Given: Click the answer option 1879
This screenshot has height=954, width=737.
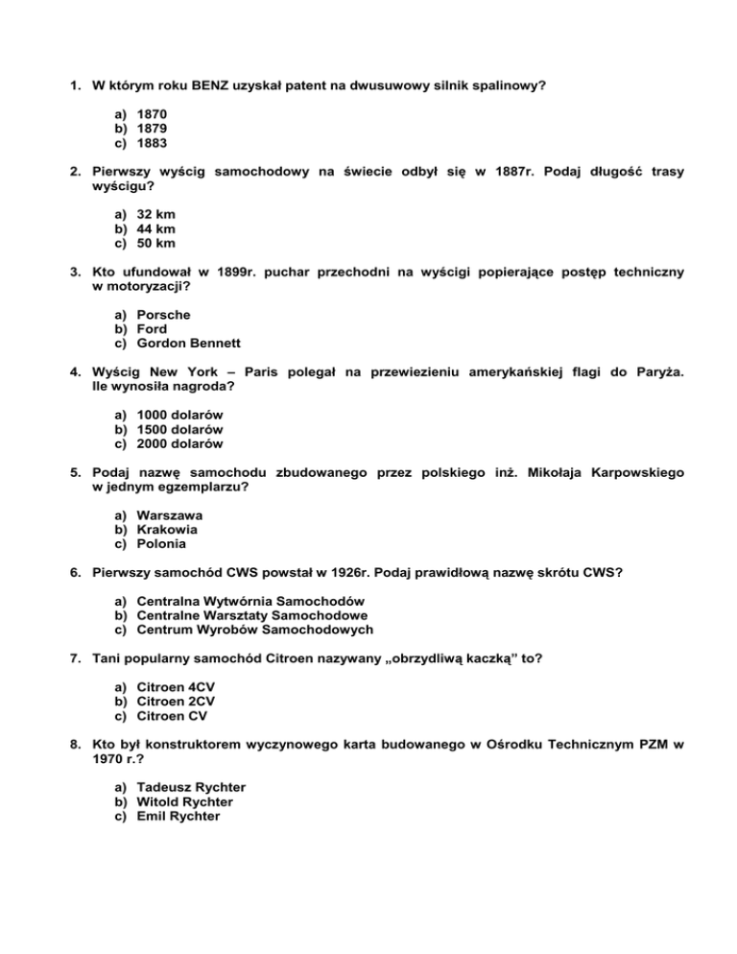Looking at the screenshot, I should click(153, 127).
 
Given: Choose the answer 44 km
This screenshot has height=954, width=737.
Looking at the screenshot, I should click(156, 228).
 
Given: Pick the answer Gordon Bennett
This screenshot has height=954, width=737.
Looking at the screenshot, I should click(188, 343).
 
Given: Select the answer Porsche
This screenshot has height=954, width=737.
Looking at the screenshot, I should click(164, 315).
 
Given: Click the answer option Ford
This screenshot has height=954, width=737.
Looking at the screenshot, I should click(153, 329).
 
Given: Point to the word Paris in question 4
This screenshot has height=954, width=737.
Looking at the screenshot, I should click(265, 374).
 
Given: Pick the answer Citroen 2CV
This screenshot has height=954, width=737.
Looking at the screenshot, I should click(176, 701).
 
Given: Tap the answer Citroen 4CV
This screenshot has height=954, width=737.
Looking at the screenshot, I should click(176, 687).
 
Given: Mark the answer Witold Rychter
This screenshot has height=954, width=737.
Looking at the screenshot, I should click(185, 801).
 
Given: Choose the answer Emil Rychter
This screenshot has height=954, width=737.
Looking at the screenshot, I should click(178, 816).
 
